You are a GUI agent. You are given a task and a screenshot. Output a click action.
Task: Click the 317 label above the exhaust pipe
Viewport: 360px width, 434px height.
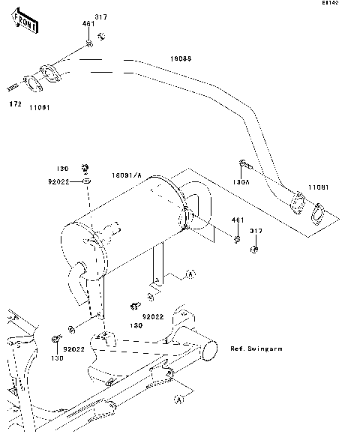point(101,17)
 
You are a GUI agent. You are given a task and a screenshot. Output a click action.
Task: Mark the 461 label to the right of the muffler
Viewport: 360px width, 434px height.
point(237,220)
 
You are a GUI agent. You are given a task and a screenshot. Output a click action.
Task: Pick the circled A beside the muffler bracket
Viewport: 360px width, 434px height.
point(189,276)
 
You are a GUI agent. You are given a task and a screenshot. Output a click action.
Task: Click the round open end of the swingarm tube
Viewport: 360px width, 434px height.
point(210,349)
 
